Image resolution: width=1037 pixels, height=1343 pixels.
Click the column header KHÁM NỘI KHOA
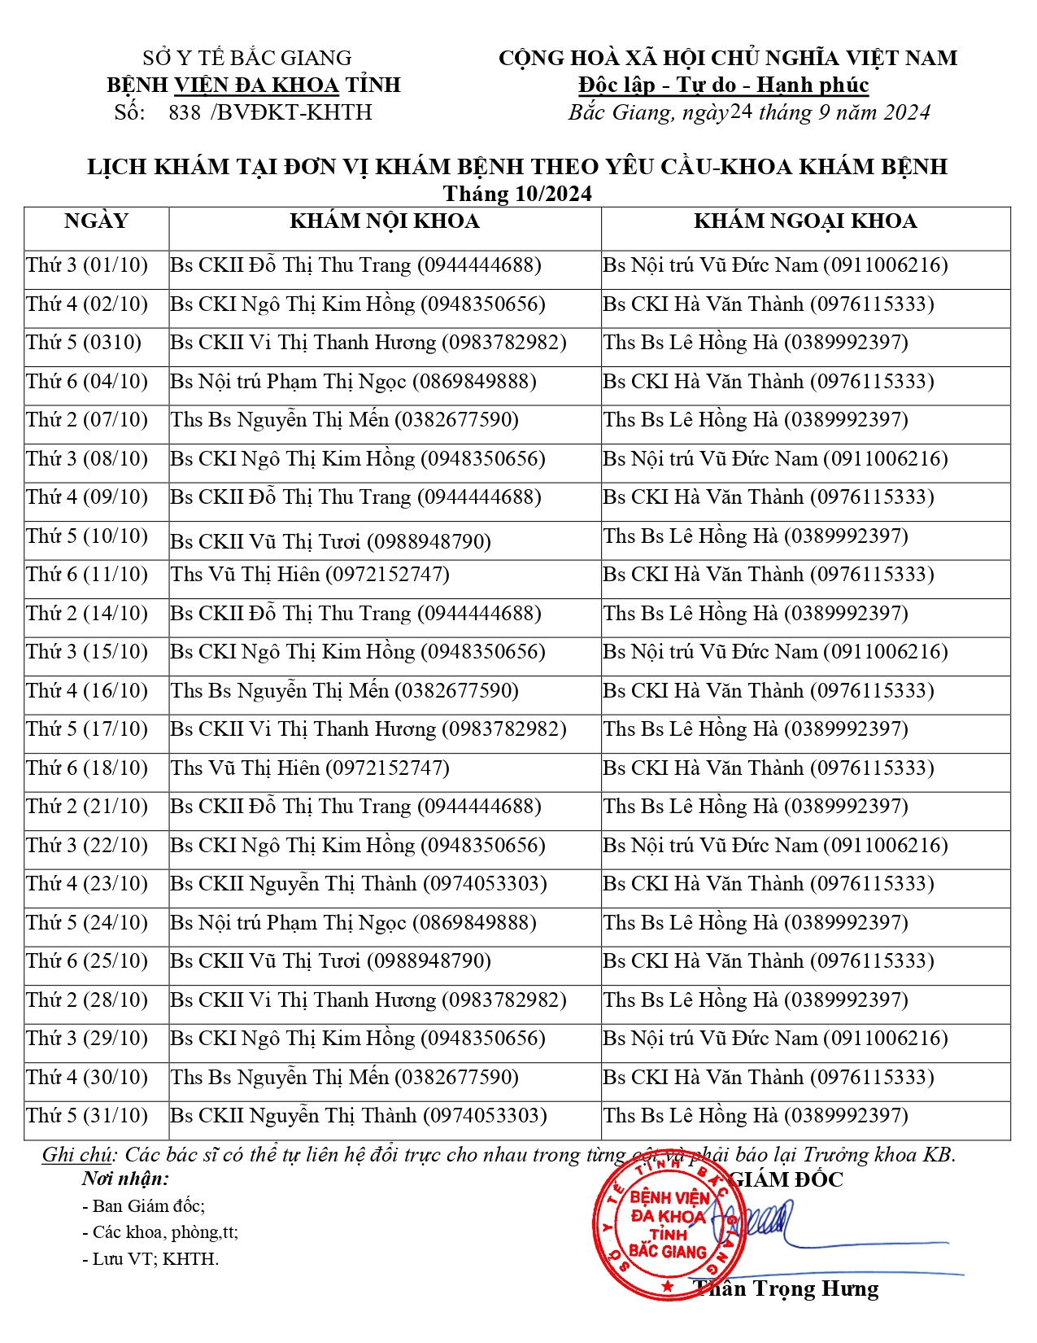384,221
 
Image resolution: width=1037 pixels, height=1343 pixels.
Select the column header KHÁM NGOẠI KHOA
805,221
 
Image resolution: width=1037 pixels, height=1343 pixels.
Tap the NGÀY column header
96,221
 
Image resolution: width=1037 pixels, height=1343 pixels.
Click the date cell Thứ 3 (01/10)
87,265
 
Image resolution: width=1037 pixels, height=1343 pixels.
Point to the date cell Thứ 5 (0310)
84,343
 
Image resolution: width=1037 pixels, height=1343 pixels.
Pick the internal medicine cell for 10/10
330,541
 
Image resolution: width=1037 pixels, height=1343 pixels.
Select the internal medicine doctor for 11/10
310,575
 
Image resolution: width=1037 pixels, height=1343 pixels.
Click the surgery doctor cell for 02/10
769,304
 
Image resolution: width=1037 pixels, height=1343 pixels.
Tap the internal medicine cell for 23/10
359,884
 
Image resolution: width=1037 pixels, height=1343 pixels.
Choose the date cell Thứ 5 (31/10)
87,1116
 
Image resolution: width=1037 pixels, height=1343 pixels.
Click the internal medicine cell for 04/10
353,382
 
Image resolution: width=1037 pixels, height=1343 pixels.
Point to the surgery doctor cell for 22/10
775,846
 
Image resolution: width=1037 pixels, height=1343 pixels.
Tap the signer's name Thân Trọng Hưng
787,1288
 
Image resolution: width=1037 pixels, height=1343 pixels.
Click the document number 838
185,112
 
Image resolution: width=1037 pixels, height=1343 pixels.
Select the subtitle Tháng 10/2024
517,194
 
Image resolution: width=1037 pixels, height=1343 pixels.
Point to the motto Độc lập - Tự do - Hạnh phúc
723,85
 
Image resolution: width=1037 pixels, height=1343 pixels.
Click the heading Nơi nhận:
125,1179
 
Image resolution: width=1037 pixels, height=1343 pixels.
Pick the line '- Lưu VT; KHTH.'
150,1259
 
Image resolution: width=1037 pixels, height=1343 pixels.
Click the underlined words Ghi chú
77,1155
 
